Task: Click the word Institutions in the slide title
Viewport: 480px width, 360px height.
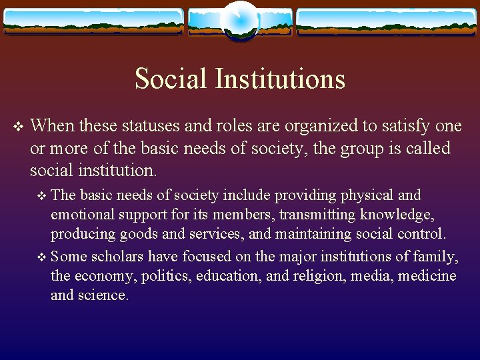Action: [280, 79]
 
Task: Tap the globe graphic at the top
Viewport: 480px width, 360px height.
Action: [240, 21]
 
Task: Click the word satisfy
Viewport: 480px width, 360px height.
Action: [397, 125]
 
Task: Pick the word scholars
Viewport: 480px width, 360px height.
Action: [118, 256]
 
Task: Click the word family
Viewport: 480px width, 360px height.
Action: [439, 256]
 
